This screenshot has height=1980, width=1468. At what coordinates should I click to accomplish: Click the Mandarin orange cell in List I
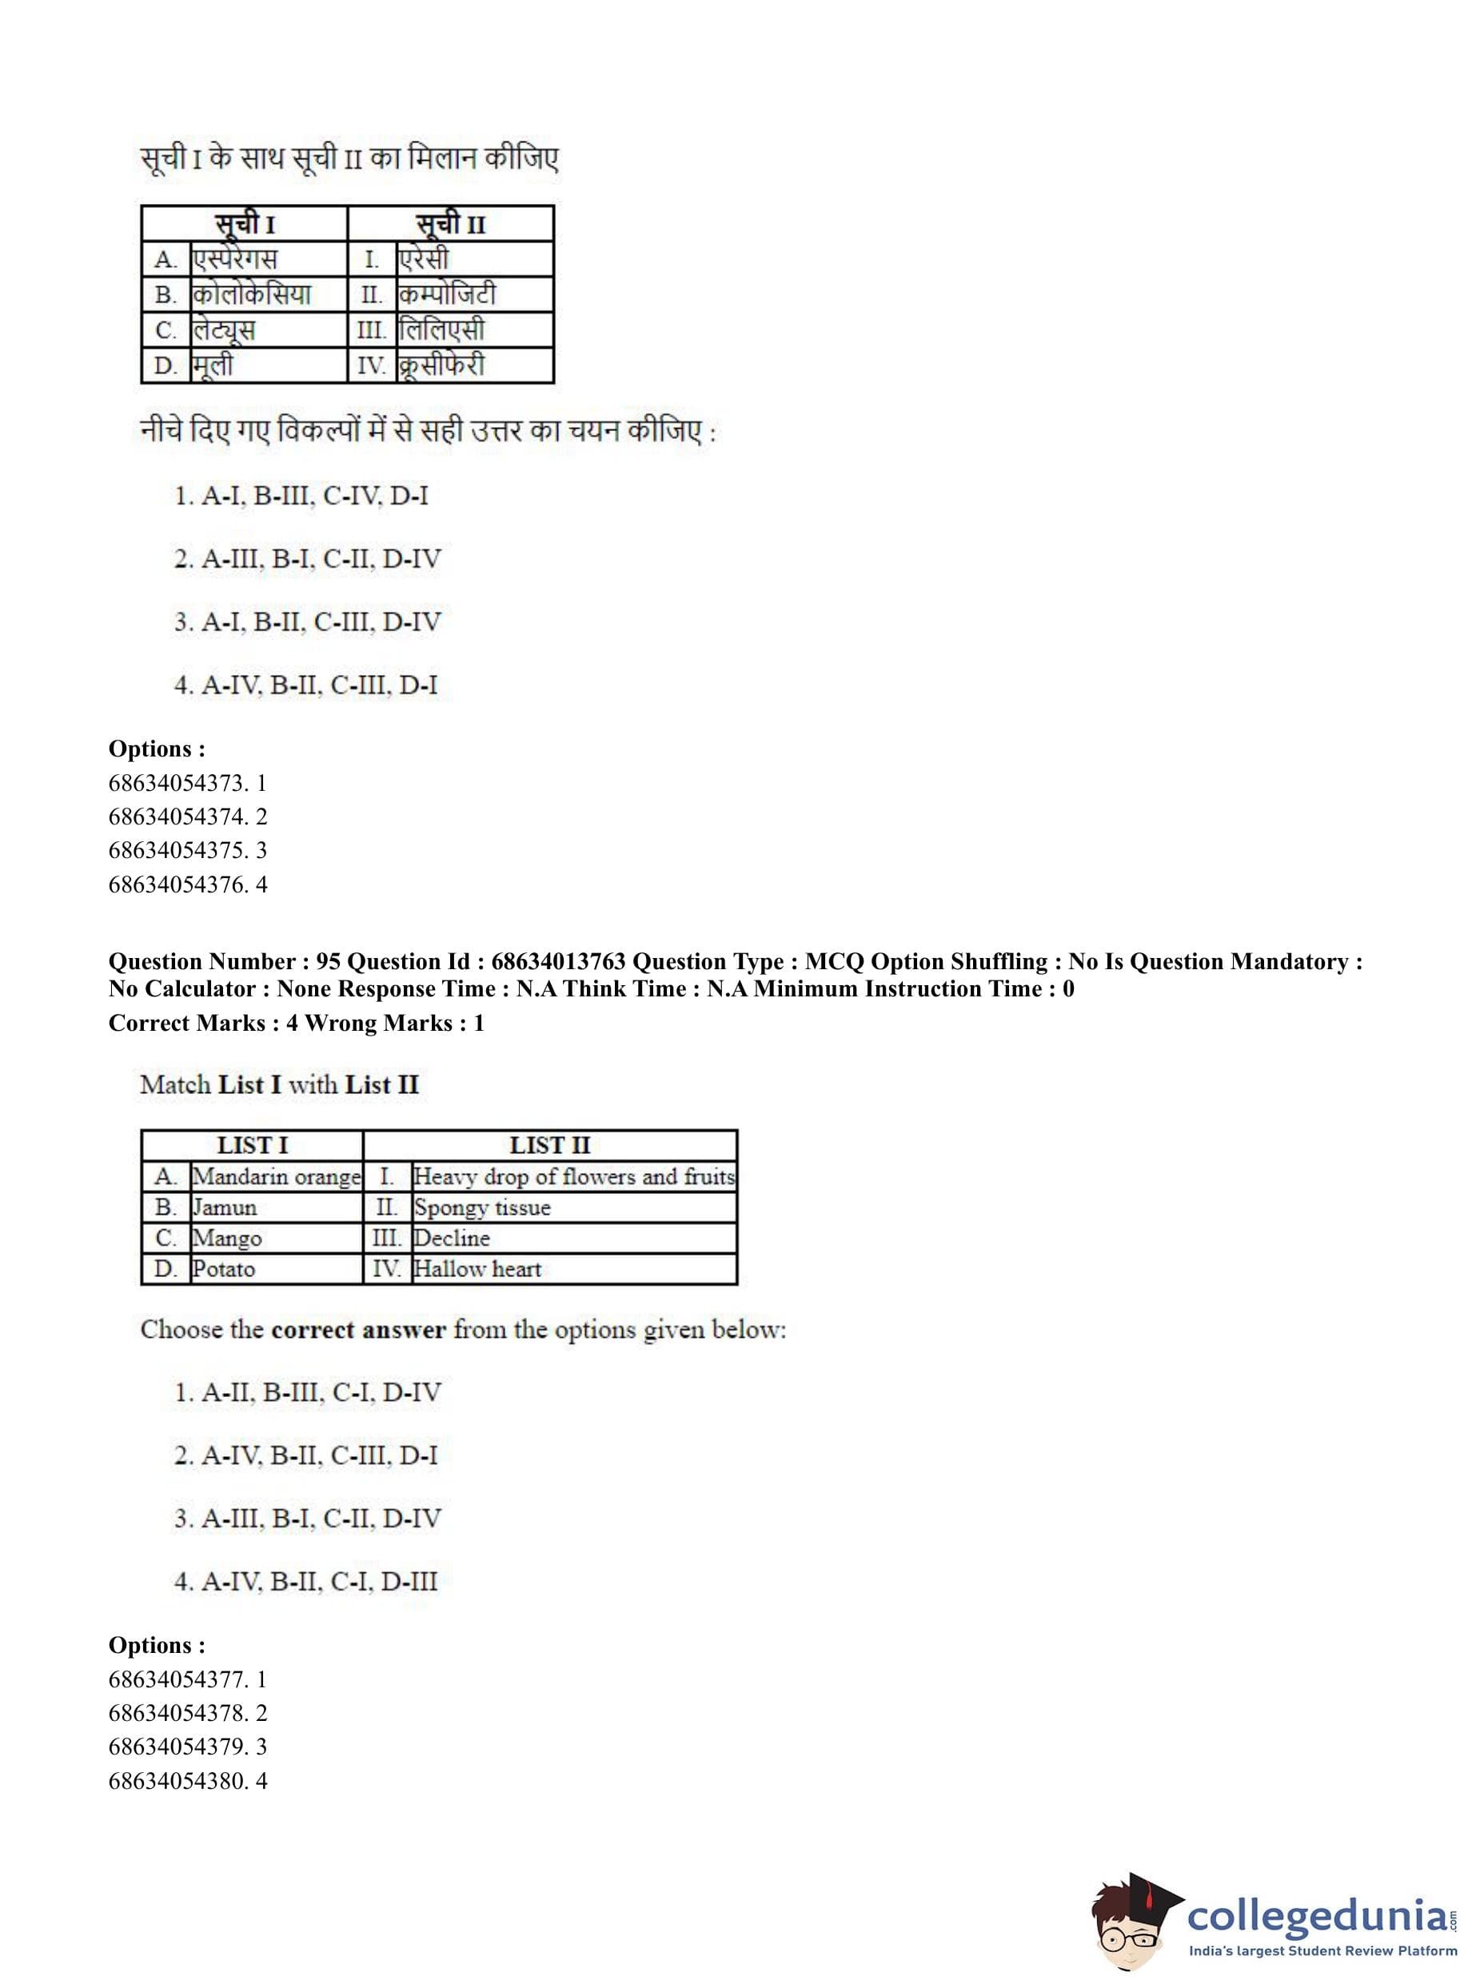pos(277,1176)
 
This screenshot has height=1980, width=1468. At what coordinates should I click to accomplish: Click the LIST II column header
pos(549,1145)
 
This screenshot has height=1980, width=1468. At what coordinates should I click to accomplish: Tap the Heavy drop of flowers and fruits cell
pos(574,1176)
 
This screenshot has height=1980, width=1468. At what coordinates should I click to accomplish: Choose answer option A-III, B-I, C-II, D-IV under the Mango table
pos(308,1519)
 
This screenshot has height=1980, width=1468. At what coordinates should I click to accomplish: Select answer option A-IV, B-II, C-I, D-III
pos(305,1582)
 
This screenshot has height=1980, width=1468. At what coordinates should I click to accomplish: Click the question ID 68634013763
pos(558,961)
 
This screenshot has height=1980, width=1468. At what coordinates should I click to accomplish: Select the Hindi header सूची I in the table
pos(245,223)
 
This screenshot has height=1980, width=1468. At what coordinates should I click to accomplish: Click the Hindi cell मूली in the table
pos(213,365)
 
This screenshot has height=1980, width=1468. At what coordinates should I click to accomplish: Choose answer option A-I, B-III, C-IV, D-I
pos(301,496)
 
